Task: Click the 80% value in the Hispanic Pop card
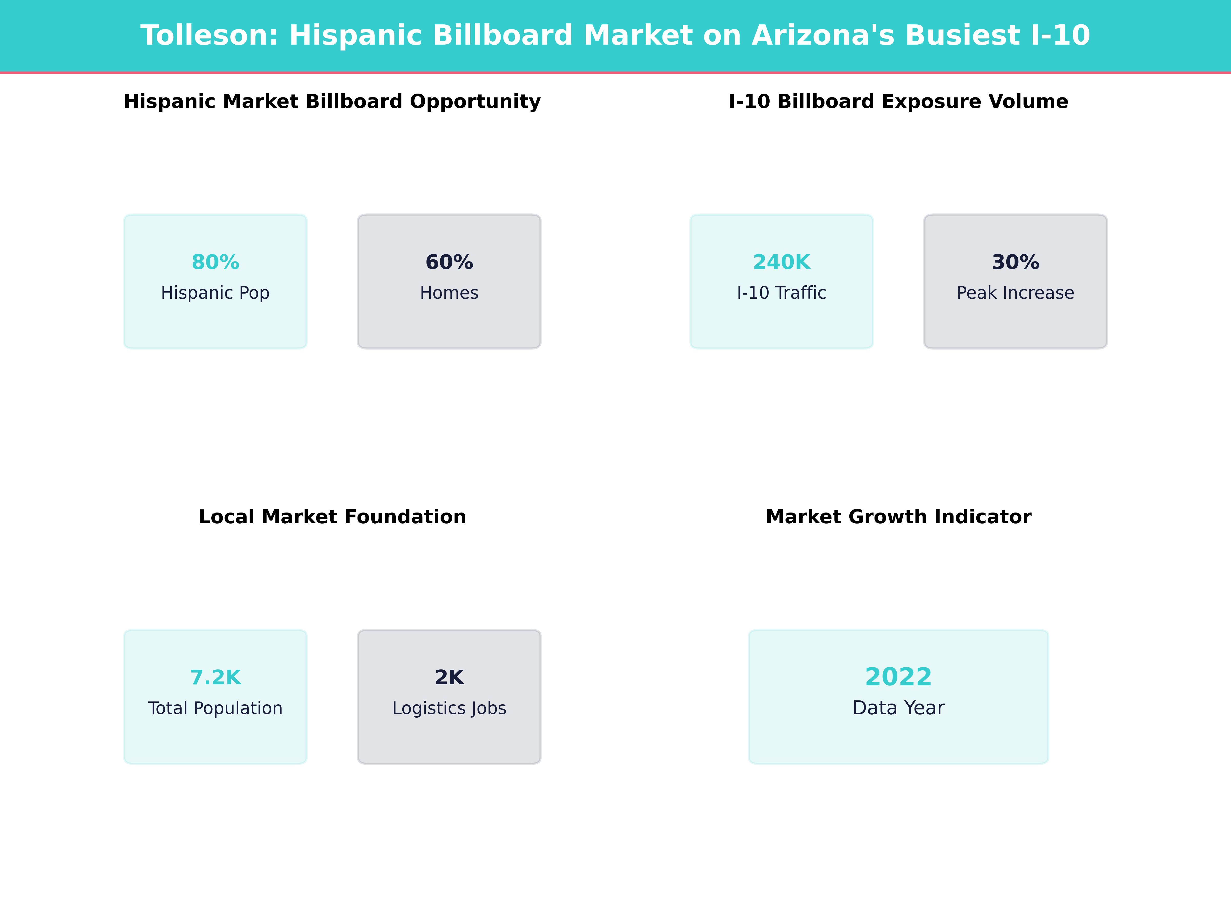point(215,262)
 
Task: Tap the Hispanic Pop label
point(215,293)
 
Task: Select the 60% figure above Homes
point(449,262)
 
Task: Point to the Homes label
point(449,293)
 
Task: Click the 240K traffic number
point(781,262)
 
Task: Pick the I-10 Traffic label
point(781,293)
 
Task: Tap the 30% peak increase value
point(1015,262)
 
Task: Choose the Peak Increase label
point(1015,293)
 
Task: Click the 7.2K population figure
point(215,678)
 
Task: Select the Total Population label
point(215,708)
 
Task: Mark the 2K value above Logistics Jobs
point(449,678)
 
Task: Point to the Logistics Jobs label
point(449,708)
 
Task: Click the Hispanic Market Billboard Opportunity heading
point(332,102)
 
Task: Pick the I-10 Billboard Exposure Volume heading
point(898,102)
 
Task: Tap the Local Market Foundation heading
point(332,517)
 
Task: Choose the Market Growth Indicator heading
point(898,517)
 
